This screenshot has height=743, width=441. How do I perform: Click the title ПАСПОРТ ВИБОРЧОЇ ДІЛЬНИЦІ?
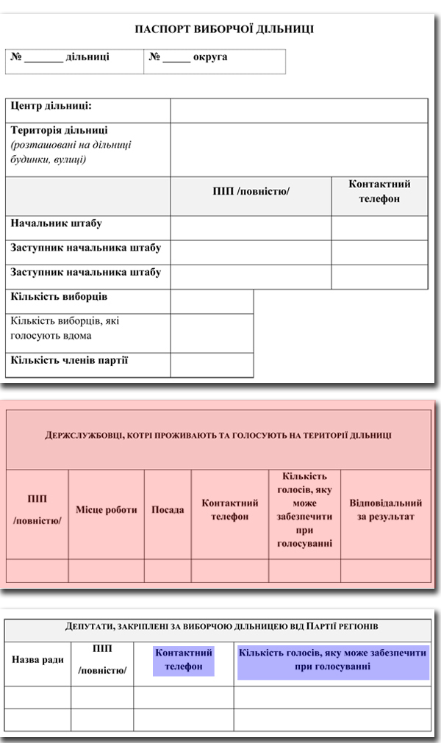[225, 29]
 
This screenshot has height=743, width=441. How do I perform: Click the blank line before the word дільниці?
[43, 59]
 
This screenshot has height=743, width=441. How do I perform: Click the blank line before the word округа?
[176, 59]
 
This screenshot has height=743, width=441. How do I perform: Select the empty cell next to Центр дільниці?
[298, 111]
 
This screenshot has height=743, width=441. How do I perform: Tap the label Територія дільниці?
[60, 130]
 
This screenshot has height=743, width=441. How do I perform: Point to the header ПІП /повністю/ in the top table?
[251, 191]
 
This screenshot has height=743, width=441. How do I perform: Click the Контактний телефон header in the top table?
[379, 191]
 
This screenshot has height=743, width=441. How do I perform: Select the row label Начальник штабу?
[56, 223]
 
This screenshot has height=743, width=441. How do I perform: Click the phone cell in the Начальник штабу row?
[379, 228]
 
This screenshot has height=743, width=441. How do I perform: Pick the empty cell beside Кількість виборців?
[212, 301]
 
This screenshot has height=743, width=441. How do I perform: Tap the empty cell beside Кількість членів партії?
[212, 365]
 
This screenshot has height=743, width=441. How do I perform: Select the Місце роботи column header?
[106, 509]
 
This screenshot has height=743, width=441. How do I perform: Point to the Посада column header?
[168, 509]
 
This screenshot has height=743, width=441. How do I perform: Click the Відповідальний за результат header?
[386, 509]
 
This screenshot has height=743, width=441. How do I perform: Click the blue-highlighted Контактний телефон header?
[184, 659]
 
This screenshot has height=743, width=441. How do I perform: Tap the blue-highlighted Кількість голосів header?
[332, 659]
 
